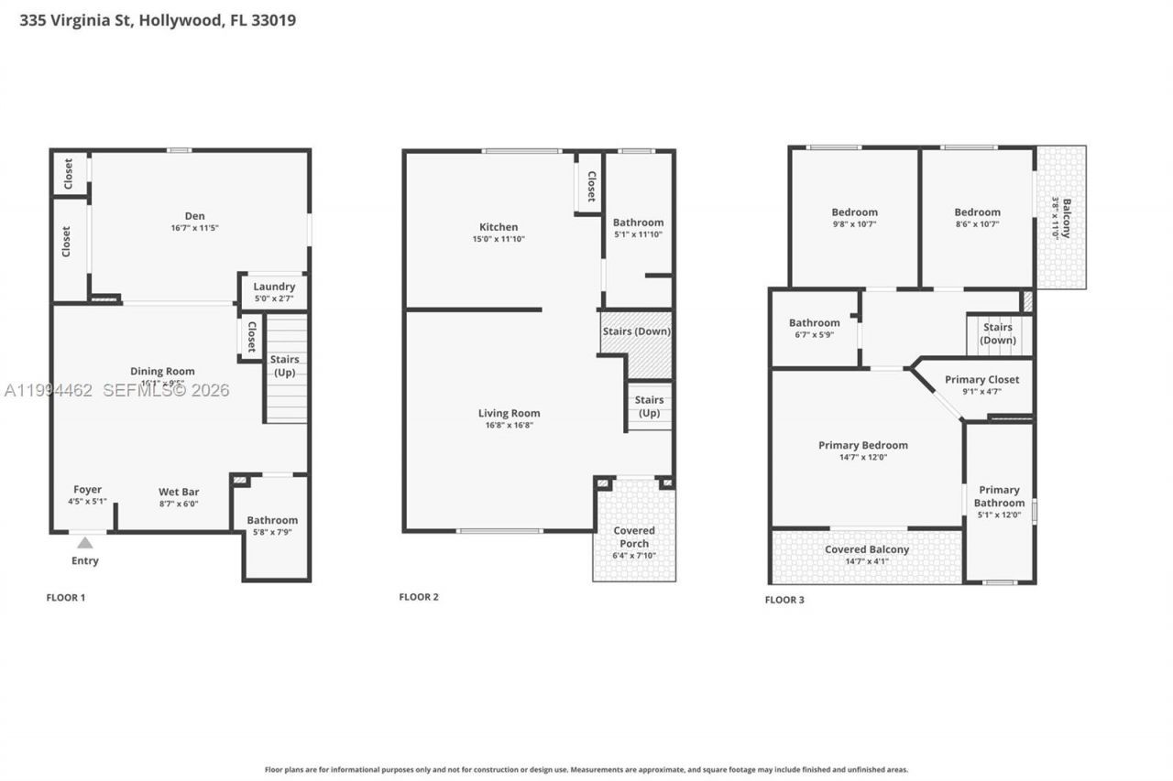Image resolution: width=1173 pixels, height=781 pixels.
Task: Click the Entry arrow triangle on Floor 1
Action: tap(84, 543)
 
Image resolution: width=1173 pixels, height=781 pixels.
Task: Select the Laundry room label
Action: tap(274, 287)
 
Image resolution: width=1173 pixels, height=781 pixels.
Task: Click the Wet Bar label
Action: tap(178, 492)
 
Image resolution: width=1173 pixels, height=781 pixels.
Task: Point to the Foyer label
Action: tap(88, 490)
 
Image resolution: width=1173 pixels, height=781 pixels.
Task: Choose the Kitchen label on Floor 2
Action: tap(499, 227)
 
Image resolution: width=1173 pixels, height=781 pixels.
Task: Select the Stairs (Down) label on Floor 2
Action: tap(636, 331)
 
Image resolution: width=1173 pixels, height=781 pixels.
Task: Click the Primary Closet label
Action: tap(981, 379)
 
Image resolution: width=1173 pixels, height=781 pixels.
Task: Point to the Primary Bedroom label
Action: tap(863, 446)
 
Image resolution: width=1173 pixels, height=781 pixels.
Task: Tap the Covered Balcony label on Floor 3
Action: tap(867, 549)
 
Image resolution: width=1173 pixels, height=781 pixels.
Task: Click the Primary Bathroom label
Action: tap(999, 496)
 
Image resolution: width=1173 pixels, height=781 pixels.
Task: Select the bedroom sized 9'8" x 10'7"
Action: tap(854, 217)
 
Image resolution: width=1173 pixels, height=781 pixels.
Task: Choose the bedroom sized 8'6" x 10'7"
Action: tap(977, 217)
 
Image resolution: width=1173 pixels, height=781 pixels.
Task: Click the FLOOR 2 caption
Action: tap(419, 597)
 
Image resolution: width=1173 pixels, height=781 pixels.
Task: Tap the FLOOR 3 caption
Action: tap(784, 600)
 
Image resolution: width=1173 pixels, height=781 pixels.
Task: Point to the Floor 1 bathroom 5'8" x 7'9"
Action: tap(272, 526)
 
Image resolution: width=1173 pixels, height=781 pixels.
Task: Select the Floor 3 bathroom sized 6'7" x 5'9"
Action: tap(814, 328)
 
